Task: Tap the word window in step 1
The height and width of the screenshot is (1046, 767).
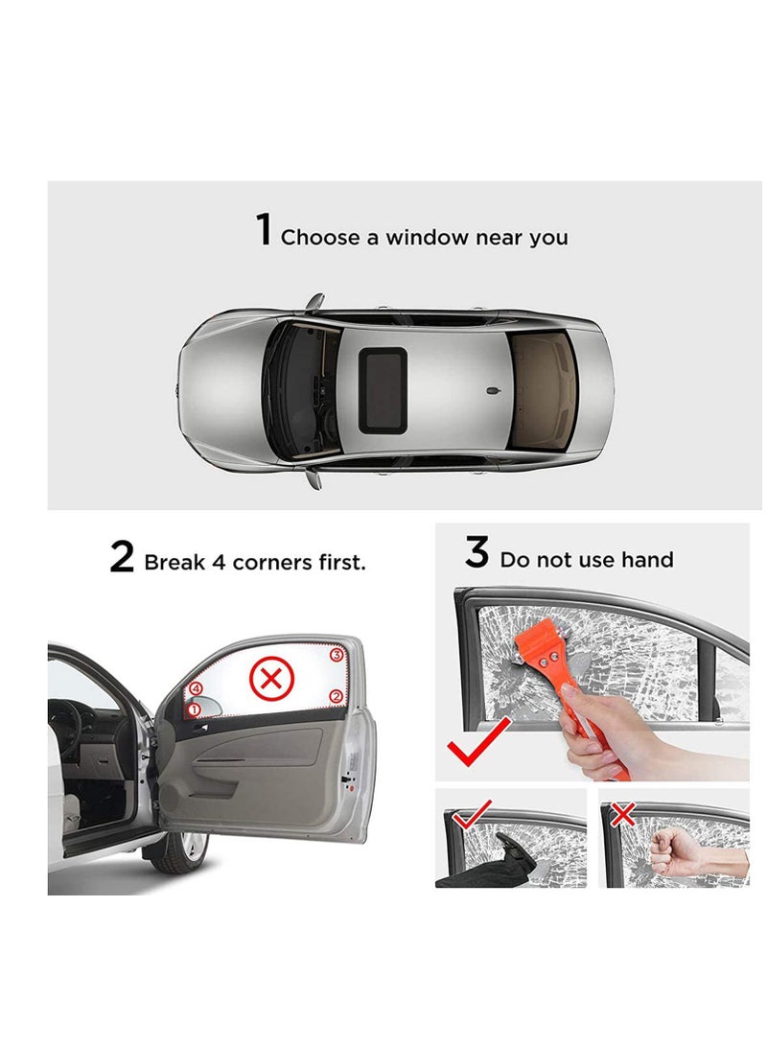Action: [x=428, y=237]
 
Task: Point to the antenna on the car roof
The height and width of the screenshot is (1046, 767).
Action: [x=491, y=391]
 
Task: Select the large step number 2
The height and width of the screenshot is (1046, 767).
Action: [x=122, y=557]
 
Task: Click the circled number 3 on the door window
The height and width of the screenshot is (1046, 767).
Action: [x=336, y=656]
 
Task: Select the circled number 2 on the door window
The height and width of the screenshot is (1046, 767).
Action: [x=336, y=696]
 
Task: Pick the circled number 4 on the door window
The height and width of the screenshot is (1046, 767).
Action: [x=196, y=687]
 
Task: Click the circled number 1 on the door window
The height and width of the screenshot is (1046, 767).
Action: [x=193, y=710]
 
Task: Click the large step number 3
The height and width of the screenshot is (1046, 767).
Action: [x=476, y=553]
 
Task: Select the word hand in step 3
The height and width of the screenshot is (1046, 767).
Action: [x=647, y=560]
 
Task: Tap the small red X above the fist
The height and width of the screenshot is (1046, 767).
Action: [x=623, y=815]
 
